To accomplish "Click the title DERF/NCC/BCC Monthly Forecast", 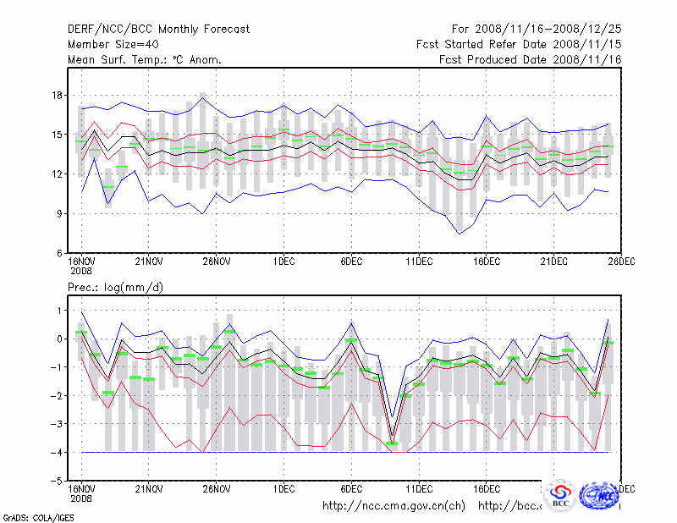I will [158, 29].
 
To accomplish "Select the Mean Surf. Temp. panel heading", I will [145, 59].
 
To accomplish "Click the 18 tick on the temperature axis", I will [56, 95].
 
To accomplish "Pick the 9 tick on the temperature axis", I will [58, 213].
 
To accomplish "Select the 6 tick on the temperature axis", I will [58, 253].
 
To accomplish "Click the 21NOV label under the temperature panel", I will [149, 263].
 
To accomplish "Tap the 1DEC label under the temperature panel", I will [283, 263].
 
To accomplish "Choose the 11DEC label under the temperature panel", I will [419, 263].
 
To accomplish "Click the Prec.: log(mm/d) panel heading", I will [115, 288].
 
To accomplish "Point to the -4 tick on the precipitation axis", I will [56, 452].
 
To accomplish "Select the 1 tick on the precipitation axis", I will [58, 311].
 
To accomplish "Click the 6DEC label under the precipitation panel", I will [351, 489].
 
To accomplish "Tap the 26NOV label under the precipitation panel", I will [217, 489].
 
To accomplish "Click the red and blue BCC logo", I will [560, 494].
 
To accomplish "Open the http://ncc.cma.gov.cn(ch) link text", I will [394, 506].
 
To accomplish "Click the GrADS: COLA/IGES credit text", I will [29, 516].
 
